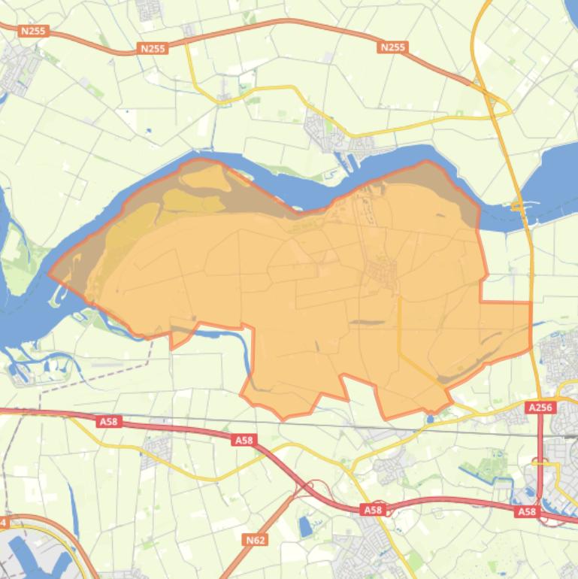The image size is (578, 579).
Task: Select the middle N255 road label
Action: (152, 48)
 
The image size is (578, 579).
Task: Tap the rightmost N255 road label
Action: (392, 47)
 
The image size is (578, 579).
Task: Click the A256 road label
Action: (540, 408)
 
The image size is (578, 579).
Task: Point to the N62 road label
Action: (256, 539)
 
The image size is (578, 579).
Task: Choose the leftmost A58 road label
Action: (109, 422)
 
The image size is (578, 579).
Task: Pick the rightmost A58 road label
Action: (527, 511)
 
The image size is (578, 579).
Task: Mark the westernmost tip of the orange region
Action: (50, 274)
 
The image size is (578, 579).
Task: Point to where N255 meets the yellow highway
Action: (481, 84)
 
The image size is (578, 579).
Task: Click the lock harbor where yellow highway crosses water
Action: (519, 205)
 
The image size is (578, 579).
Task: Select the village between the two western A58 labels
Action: (158, 448)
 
